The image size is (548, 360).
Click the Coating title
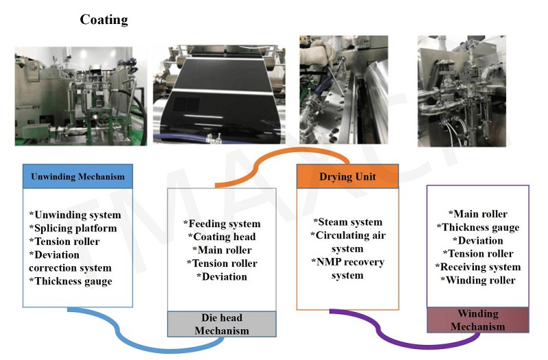(104, 19)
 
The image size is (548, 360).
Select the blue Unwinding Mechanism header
(77, 177)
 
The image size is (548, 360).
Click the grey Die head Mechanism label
(221, 324)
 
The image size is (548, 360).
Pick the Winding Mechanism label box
(477, 320)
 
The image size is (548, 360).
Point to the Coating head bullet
(222, 237)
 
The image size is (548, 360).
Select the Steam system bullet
(347, 222)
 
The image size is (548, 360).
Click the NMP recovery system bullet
(349, 268)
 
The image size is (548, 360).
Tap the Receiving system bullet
(477, 266)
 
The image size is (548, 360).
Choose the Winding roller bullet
(477, 279)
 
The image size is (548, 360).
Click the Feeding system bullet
(222, 224)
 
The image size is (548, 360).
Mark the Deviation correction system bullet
(70, 261)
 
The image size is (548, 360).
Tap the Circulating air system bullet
(347, 242)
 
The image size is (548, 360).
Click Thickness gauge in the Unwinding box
(71, 281)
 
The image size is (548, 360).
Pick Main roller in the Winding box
(477, 214)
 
